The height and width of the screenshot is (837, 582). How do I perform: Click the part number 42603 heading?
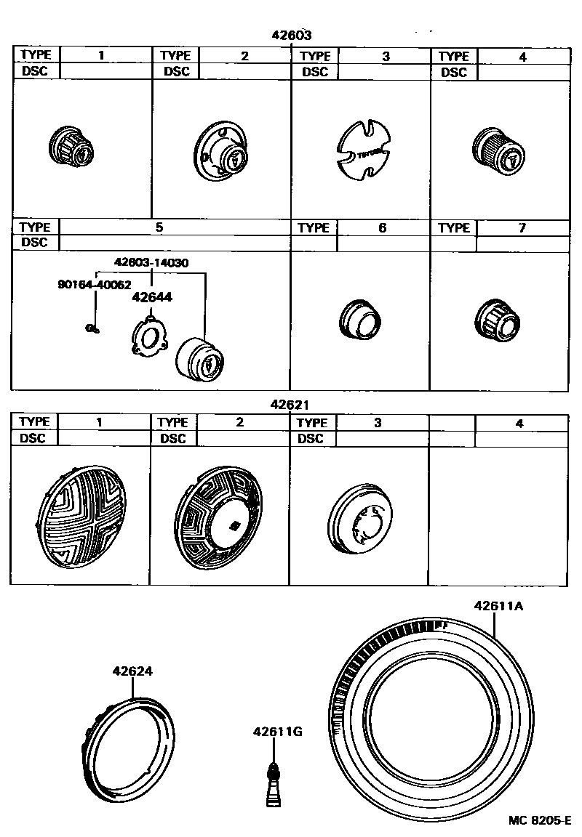[x=292, y=35]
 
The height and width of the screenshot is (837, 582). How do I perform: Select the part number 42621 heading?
[x=290, y=404]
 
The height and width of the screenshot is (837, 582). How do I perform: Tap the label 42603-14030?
[x=151, y=263]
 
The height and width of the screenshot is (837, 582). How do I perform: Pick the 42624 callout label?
[x=132, y=671]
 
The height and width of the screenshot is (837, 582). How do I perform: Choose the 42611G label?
[x=277, y=732]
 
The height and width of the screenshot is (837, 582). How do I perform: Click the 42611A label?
[x=498, y=606]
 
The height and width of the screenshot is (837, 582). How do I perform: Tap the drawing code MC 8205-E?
[x=539, y=820]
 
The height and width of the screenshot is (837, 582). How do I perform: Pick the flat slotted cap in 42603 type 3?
[x=364, y=151]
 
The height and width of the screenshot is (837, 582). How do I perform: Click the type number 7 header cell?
[x=522, y=227]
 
